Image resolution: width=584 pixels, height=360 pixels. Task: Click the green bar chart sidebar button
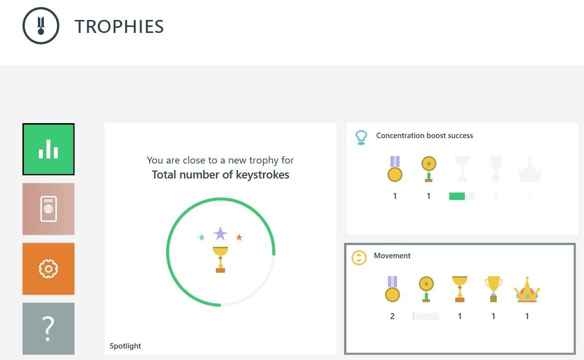(48, 149)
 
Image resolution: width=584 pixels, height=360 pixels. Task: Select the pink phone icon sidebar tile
(48, 209)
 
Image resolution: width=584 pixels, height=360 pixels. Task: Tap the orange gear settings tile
(48, 269)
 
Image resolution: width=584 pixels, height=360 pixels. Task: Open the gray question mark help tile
(48, 329)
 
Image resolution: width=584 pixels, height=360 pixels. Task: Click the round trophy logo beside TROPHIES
(41, 26)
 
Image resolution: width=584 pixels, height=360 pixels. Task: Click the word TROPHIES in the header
(119, 27)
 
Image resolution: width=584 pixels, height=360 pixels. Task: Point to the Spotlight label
(125, 346)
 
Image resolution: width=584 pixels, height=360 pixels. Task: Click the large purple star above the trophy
(220, 233)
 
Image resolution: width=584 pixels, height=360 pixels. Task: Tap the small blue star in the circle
(201, 237)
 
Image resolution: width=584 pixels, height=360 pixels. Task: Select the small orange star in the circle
(239, 237)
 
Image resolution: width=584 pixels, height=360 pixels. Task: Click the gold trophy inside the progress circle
(220, 259)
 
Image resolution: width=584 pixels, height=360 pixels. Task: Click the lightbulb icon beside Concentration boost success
(361, 138)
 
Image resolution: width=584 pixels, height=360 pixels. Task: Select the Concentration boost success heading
(424, 136)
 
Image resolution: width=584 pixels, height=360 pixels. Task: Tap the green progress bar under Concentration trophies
(457, 196)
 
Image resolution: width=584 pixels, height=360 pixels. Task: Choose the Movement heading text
(392, 256)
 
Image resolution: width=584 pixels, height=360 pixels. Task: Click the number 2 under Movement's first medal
(392, 316)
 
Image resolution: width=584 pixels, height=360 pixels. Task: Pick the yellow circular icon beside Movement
(359, 258)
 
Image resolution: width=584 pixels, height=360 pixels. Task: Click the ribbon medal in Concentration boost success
(395, 169)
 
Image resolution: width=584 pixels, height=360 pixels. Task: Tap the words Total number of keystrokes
(220, 175)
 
